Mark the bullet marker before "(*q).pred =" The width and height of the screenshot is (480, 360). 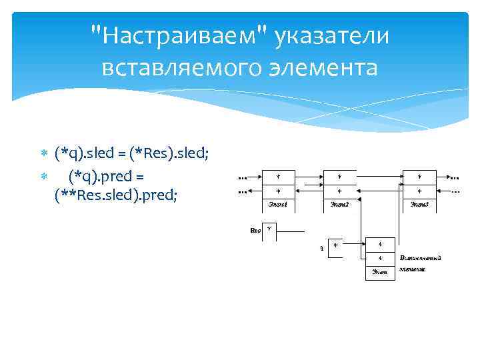[x=45, y=175]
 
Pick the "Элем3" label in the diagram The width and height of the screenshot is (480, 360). [x=419, y=203]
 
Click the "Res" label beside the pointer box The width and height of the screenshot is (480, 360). [x=255, y=230]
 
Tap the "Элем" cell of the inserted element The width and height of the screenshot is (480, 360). [x=379, y=271]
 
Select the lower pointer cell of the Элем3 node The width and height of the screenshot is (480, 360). [x=419, y=191]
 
